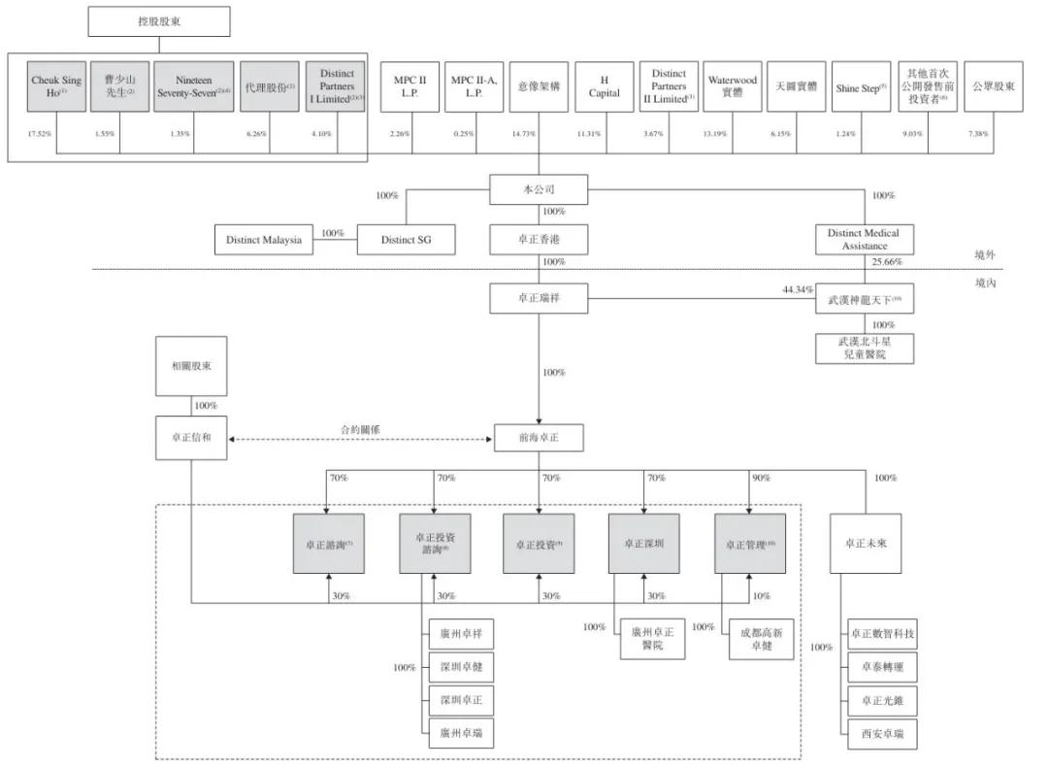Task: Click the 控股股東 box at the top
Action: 159,20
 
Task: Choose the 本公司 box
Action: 540,188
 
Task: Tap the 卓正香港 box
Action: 540,238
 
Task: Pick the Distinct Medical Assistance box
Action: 863,239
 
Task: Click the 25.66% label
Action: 886,262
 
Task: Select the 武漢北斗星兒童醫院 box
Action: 863,349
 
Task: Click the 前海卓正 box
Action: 540,439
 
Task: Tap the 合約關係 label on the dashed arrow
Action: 359,428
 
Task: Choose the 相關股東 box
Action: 191,365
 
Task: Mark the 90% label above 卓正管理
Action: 761,478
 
